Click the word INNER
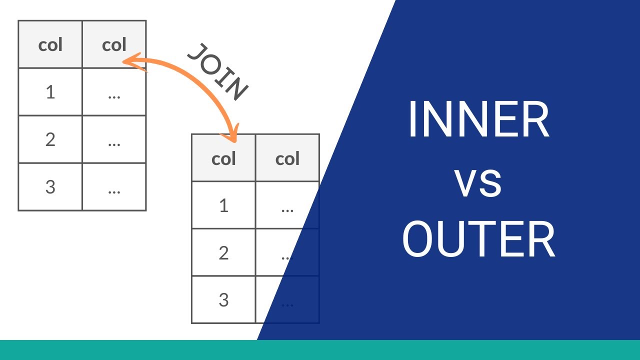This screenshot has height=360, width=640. click(x=478, y=120)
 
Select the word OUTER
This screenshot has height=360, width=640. click(x=478, y=240)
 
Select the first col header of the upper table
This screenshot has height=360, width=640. click(x=50, y=45)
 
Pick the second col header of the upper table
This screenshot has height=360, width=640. click(x=114, y=45)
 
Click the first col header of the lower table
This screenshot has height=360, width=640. click(x=223, y=158)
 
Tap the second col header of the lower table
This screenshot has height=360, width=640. click(x=287, y=158)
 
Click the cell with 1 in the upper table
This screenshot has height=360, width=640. click(x=50, y=92)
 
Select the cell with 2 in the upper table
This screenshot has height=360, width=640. click(x=50, y=139)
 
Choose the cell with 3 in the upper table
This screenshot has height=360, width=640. click(x=50, y=187)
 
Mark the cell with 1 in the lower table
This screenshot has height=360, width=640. click(x=223, y=205)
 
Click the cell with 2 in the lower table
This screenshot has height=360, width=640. click(x=223, y=253)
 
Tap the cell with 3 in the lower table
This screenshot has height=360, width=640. click(x=223, y=300)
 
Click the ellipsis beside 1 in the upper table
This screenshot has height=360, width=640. click(x=114, y=94)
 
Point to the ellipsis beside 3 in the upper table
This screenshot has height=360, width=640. click(x=114, y=189)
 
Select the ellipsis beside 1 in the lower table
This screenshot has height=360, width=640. click(x=287, y=208)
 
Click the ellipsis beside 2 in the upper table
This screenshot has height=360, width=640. click(x=114, y=142)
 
